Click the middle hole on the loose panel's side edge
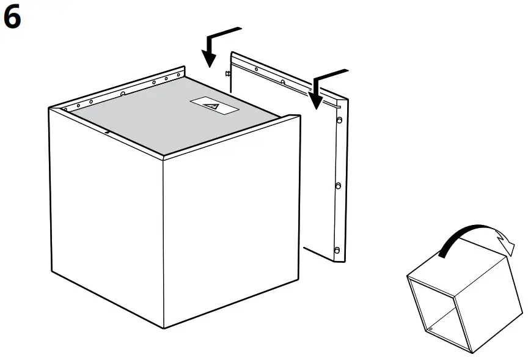337,185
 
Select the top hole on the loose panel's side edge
337,120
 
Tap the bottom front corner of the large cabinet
163,328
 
